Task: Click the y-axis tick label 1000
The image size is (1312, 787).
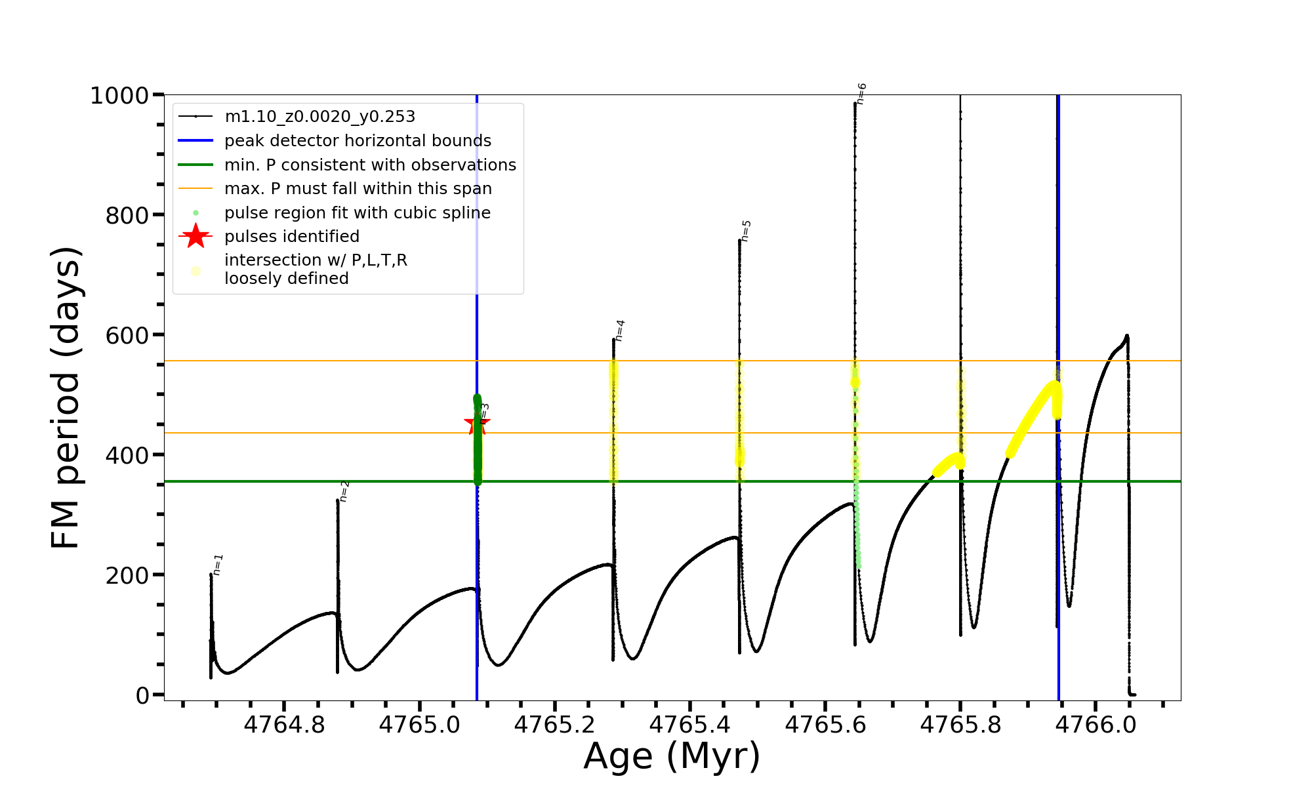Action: click(119, 96)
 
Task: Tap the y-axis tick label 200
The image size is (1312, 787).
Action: click(127, 575)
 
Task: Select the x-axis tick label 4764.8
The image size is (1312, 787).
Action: click(284, 725)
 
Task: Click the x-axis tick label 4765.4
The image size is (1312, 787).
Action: click(690, 725)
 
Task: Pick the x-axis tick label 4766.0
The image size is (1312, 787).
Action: click(1096, 725)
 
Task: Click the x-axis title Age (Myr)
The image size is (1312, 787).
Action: click(672, 756)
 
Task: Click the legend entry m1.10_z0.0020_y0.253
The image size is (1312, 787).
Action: click(319, 117)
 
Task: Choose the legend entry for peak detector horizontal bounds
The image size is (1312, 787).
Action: click(358, 141)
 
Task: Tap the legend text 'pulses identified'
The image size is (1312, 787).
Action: click(292, 236)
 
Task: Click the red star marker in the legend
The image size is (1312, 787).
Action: click(195, 236)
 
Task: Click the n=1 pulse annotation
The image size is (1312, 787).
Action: click(218, 565)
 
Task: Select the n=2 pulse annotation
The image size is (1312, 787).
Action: click(344, 491)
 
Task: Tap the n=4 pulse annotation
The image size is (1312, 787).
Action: click(620, 331)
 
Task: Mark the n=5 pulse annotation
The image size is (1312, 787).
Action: click(746, 231)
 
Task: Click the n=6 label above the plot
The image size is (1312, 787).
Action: click(861, 94)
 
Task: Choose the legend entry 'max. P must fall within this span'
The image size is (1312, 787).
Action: click(358, 189)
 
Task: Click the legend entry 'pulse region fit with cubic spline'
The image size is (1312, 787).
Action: click(357, 213)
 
